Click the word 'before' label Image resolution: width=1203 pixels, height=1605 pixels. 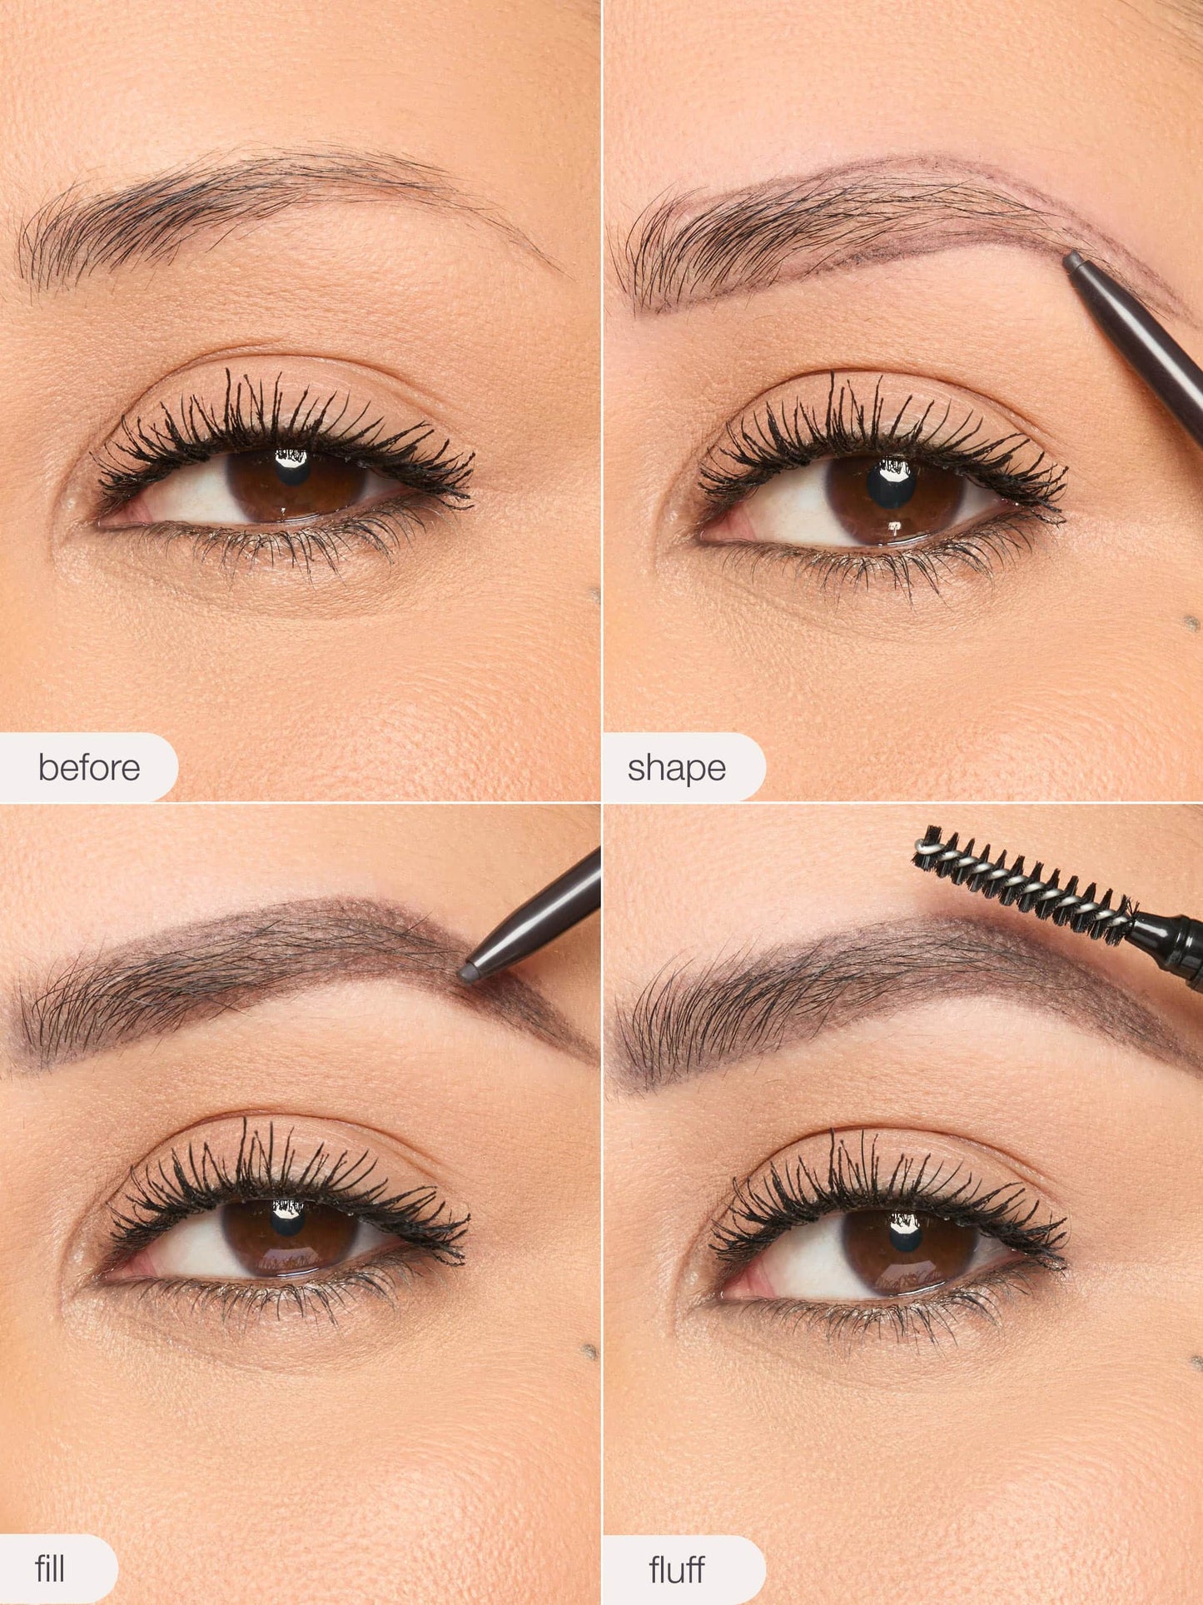click(89, 767)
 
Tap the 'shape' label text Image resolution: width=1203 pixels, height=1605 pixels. click(677, 767)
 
